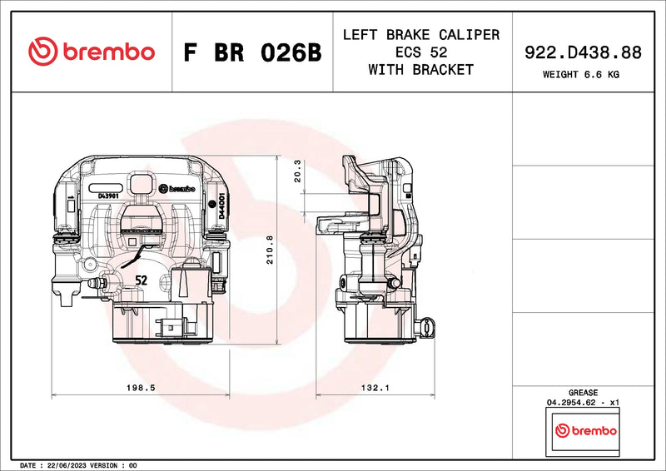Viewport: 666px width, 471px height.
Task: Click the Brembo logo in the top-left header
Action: [92, 52]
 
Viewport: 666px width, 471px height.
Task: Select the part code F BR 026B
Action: [251, 52]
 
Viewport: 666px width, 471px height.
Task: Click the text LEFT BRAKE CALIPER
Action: [421, 35]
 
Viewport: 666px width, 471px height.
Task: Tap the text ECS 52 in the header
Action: [421, 52]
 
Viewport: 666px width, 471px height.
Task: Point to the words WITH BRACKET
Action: [421, 70]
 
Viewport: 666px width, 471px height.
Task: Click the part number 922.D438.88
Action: [583, 52]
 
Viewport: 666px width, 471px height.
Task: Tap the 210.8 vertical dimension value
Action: [269, 250]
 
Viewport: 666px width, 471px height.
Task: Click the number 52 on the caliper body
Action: [142, 280]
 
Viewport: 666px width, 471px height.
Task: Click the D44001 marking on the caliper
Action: [221, 206]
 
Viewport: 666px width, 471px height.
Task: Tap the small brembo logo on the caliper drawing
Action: [176, 189]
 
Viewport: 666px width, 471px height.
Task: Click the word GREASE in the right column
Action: [583, 392]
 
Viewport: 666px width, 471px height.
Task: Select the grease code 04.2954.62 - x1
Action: [583, 403]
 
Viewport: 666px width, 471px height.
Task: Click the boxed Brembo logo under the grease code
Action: [586, 431]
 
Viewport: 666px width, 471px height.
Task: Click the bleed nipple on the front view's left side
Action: [94, 284]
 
